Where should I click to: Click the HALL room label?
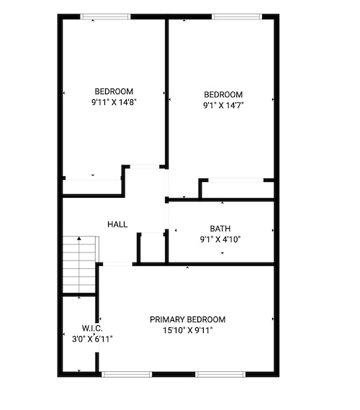[117, 224]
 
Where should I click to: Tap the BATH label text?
[220, 229]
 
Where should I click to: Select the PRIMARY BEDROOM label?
[187, 319]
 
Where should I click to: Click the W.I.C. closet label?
[92, 328]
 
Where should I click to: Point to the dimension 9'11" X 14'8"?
[114, 102]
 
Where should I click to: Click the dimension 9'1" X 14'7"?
[223, 105]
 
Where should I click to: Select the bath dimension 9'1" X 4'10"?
[220, 240]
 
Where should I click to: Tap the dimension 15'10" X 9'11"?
[187, 330]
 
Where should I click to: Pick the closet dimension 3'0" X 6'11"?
[92, 339]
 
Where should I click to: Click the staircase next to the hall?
[79, 265]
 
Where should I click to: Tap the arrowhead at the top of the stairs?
[79, 238]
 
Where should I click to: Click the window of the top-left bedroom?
[105, 17]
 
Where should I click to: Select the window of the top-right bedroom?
[237, 17]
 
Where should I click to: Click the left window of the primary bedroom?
[127, 374]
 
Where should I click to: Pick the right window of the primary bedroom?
[220, 374]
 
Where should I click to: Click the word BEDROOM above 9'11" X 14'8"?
[114, 91]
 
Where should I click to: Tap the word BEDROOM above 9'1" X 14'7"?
[223, 94]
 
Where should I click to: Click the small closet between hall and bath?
[153, 248]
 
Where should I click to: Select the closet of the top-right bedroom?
[238, 190]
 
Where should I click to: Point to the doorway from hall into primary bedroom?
[117, 265]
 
